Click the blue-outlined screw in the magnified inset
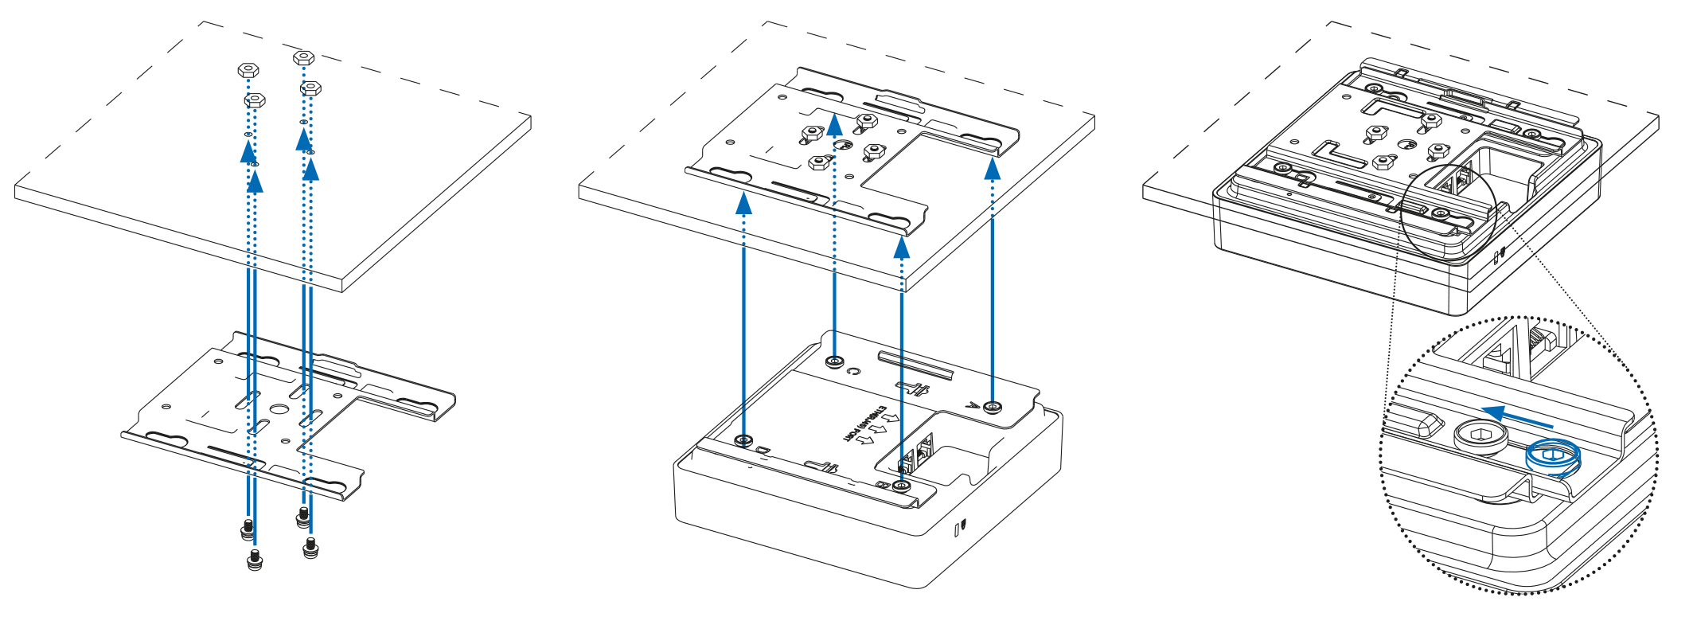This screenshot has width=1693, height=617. (1552, 459)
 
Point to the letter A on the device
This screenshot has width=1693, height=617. (970, 405)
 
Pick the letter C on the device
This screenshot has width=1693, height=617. (854, 371)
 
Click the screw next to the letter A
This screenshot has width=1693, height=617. (992, 407)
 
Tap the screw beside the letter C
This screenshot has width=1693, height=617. (834, 362)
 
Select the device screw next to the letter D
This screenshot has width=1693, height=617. (744, 440)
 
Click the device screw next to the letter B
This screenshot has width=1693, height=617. (902, 486)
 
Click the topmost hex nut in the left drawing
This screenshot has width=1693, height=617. (302, 57)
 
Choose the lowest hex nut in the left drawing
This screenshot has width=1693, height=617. (254, 100)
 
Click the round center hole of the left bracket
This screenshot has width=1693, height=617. (279, 408)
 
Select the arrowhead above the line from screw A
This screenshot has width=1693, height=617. (992, 169)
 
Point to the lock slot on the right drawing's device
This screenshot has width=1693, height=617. (1500, 256)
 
